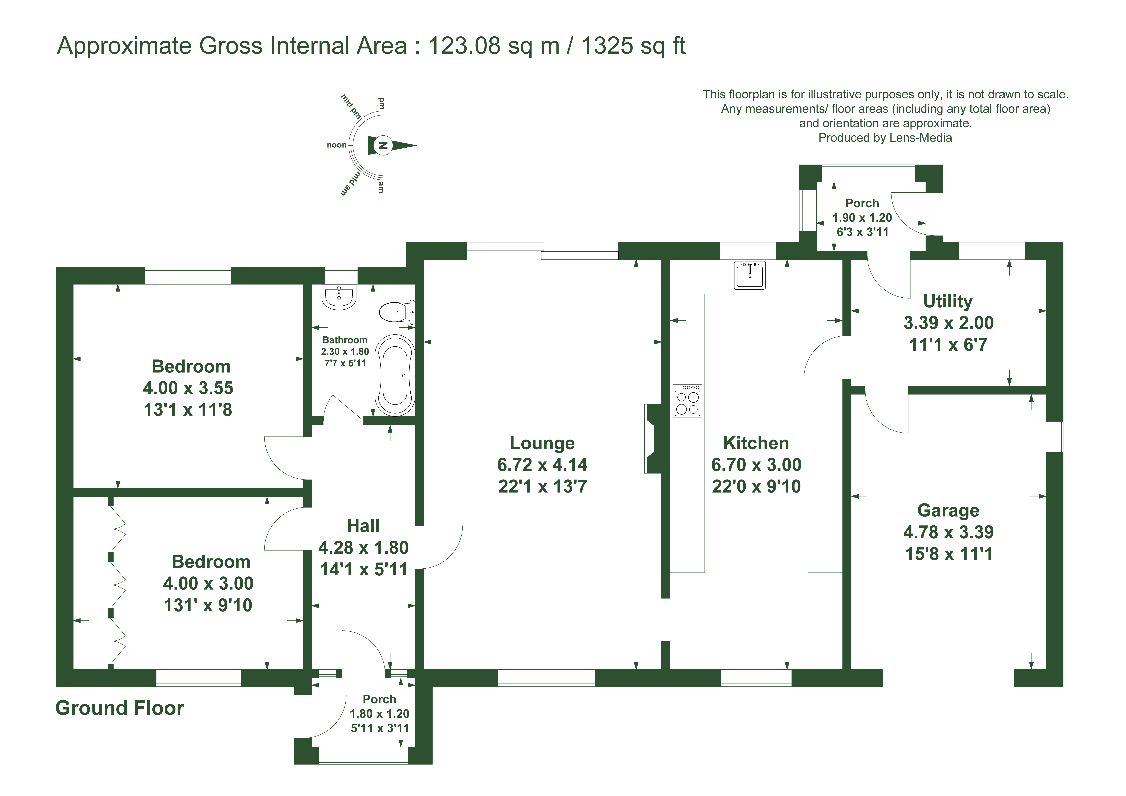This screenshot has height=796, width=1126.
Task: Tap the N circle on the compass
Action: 384,145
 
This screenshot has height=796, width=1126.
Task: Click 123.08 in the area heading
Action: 464,46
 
